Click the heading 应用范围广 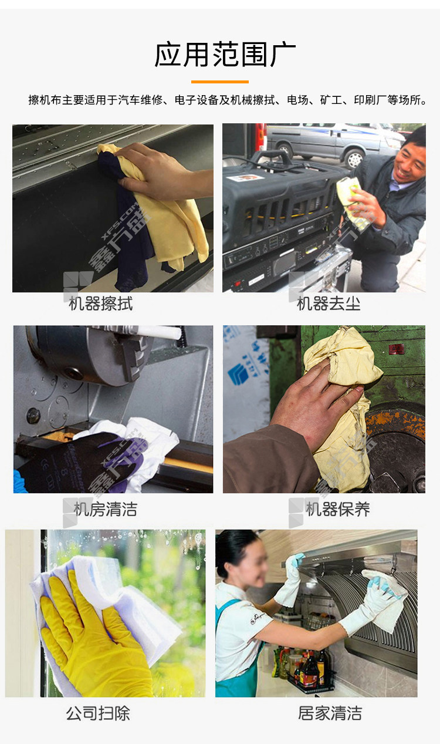click(x=225, y=55)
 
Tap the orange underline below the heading click(x=219, y=82)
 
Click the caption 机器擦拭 click(x=101, y=304)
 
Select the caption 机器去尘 click(x=329, y=304)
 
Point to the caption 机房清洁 click(x=106, y=509)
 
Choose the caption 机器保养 click(x=337, y=509)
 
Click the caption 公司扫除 click(x=98, y=713)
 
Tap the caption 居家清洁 click(x=330, y=713)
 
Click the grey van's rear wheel click(x=354, y=159)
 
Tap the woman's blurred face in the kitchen click(x=252, y=565)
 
